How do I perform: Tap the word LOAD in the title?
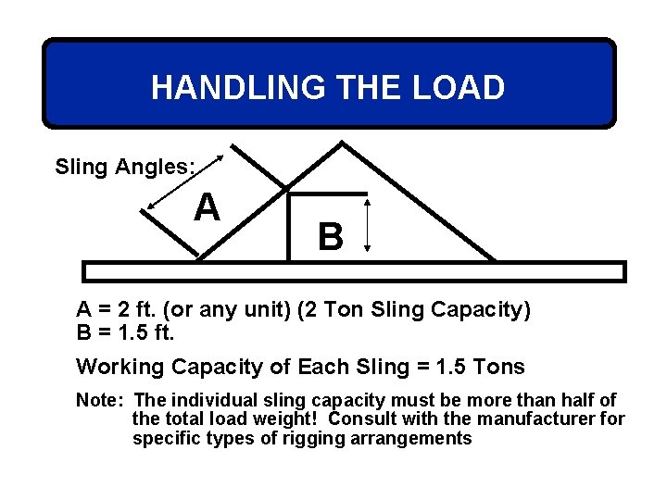pos(460,88)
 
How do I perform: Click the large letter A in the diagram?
pos(207,207)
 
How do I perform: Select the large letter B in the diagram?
pos(331,238)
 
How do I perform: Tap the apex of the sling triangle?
pos(344,143)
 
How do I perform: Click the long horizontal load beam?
pos(354,271)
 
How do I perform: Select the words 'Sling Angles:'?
pos(124,167)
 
